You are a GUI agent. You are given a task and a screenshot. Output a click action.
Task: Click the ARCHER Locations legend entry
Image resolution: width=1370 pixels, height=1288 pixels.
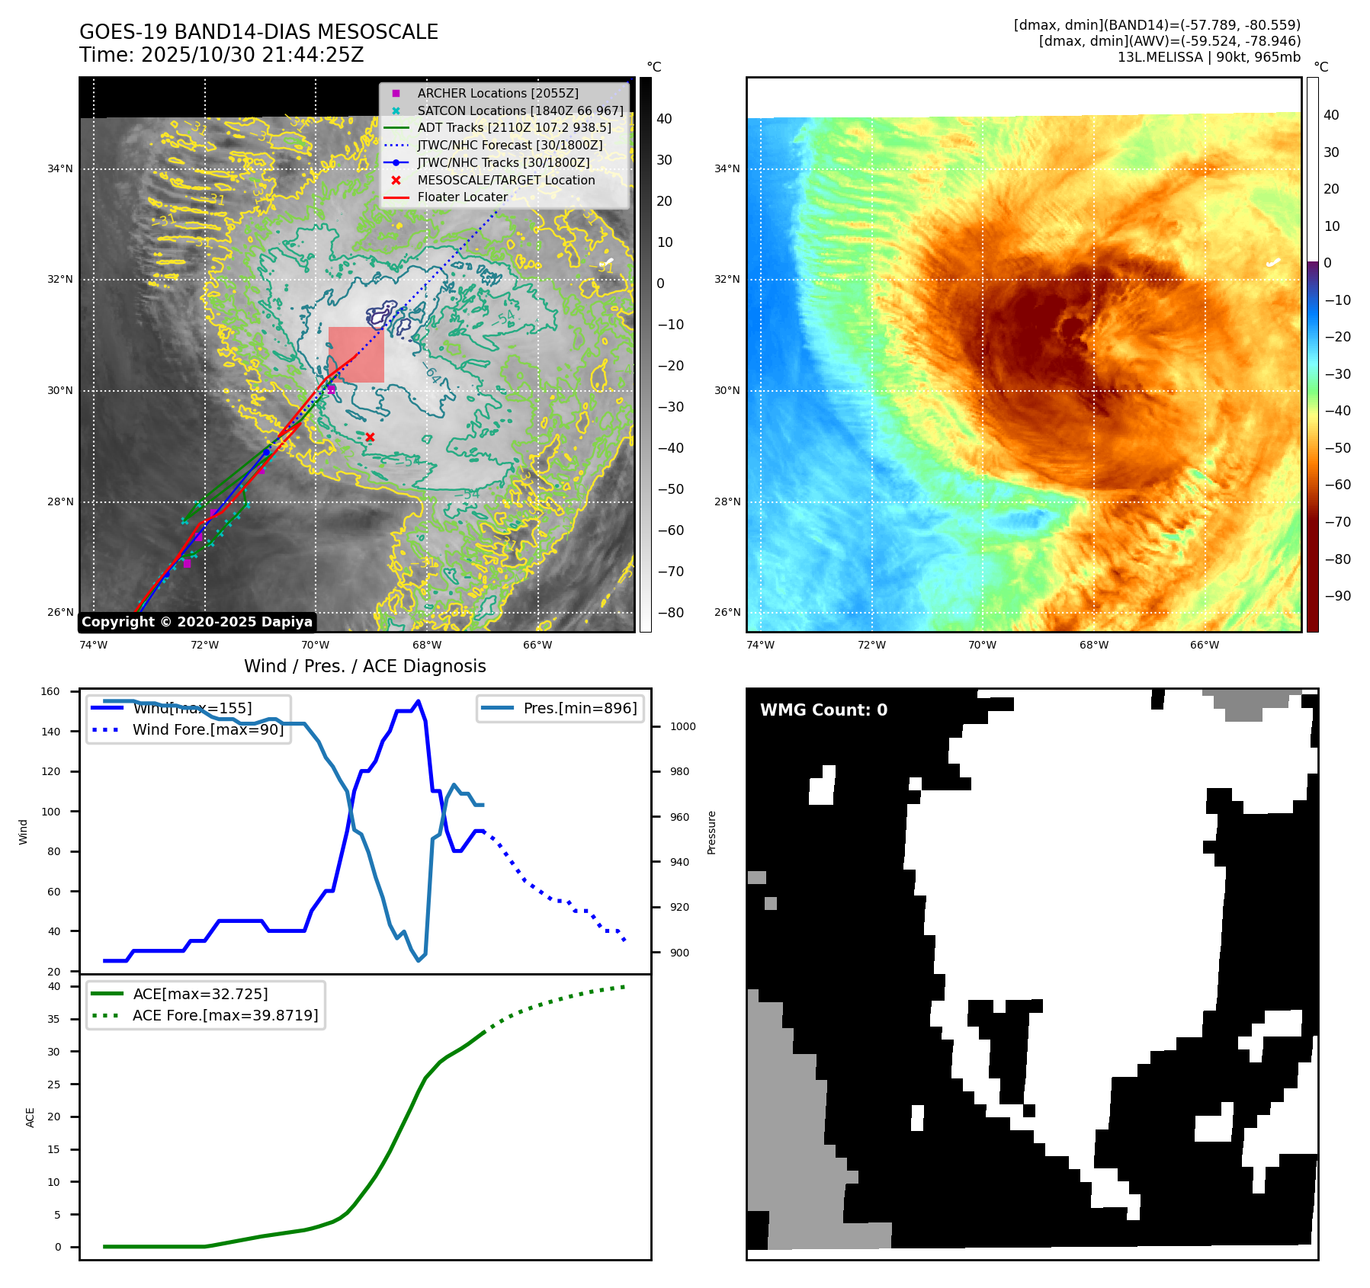point(497,93)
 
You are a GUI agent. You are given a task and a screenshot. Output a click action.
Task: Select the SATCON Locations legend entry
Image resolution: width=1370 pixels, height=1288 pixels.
point(519,111)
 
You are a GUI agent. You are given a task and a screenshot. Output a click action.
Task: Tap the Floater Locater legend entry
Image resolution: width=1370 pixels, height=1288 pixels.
point(462,197)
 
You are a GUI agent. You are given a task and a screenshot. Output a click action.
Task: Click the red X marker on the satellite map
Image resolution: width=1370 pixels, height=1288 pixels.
point(370,437)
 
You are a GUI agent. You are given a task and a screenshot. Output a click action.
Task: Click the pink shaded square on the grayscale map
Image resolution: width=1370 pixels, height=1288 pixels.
point(356,354)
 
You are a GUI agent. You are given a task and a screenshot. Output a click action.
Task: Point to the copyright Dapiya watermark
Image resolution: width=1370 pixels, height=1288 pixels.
point(197,622)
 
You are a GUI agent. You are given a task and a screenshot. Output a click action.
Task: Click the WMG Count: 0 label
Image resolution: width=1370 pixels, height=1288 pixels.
point(823,710)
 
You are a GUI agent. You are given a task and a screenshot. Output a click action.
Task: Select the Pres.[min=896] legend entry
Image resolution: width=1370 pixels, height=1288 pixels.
point(579,708)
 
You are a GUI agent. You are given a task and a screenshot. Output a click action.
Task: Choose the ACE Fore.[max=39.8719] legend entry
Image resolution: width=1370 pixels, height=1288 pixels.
point(225,1015)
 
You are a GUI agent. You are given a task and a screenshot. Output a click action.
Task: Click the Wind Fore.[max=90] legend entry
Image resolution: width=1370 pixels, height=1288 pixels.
point(207,729)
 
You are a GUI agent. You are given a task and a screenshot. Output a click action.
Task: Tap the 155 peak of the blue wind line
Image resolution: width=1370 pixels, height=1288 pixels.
point(418,701)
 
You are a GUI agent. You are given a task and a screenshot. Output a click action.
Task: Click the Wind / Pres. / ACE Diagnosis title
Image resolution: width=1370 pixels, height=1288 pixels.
point(364,666)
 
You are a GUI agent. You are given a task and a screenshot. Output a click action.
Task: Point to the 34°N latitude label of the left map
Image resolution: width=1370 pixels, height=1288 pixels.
point(60,168)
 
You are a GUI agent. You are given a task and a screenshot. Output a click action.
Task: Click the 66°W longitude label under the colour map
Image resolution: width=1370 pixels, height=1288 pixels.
point(1205,645)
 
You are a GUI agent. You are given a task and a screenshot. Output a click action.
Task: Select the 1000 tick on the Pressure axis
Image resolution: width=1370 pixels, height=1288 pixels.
point(682,726)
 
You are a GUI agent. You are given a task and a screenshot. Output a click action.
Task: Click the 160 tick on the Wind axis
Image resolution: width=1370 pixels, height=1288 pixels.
point(50,691)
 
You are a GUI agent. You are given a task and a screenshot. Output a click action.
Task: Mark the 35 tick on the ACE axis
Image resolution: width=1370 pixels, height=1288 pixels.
point(54,1019)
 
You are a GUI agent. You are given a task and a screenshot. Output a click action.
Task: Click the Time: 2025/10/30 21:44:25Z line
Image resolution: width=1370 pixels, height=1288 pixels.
point(221,55)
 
